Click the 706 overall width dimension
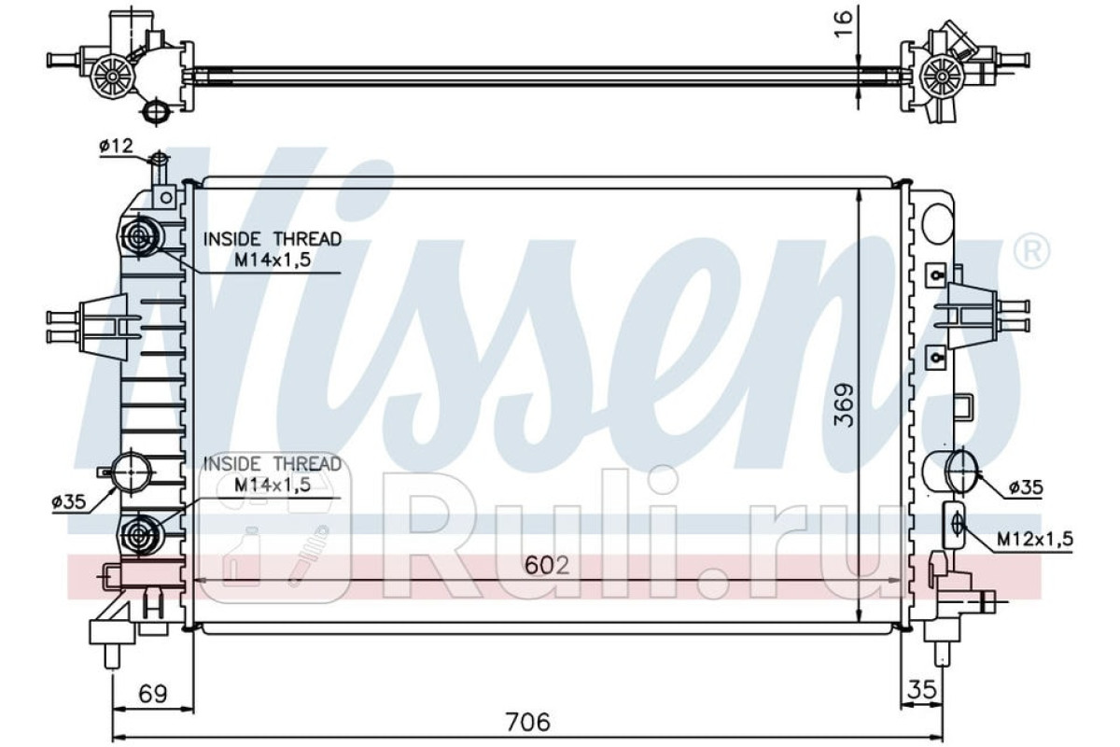527,722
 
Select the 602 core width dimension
547,566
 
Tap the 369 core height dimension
845,405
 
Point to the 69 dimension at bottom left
152,694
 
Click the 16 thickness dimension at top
843,23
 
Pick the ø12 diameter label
117,146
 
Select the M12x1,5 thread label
1035,539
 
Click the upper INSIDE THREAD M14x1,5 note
272,249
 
